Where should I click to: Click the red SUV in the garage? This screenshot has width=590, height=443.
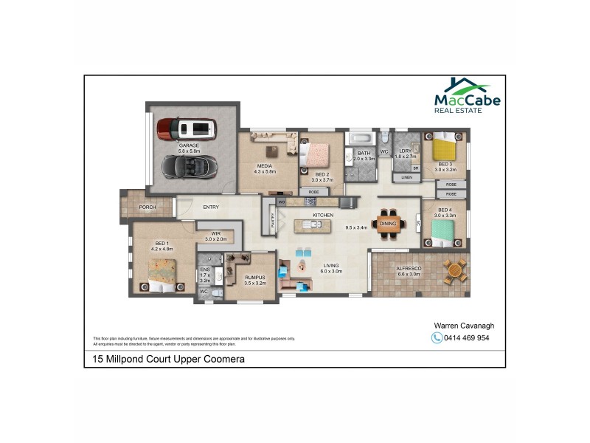pyautogui.click(x=188, y=128)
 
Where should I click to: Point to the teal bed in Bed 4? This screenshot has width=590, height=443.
pyautogui.click(x=445, y=233)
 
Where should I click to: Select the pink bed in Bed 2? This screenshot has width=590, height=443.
pyautogui.click(x=319, y=154)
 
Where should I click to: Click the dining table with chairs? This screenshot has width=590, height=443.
pyautogui.click(x=388, y=223)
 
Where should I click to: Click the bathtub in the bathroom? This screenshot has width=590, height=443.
pyautogui.click(x=362, y=138)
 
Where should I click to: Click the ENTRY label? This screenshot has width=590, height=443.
pyautogui.click(x=211, y=207)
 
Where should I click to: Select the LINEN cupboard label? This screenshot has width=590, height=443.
pyautogui.click(x=406, y=178)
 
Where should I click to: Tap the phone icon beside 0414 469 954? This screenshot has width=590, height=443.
pyautogui.click(x=436, y=338)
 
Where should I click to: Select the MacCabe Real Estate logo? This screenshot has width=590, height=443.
pyautogui.click(x=467, y=97)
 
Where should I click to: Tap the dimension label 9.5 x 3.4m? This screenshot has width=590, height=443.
pyautogui.click(x=357, y=228)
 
